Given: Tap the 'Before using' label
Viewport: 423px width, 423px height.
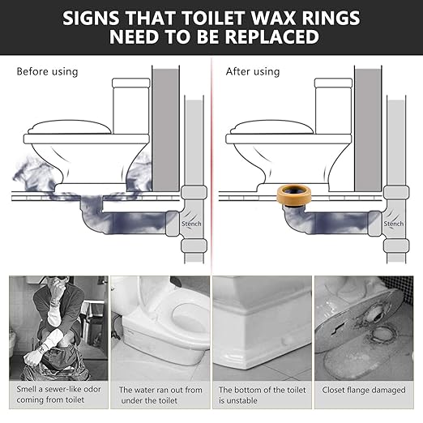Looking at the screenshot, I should [47, 71].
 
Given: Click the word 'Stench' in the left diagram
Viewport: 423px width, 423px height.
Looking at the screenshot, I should [191, 224].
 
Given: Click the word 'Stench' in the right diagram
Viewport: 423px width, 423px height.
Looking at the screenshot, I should [394, 224].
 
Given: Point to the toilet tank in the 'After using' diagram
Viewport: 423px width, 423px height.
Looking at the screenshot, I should [333, 105].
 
